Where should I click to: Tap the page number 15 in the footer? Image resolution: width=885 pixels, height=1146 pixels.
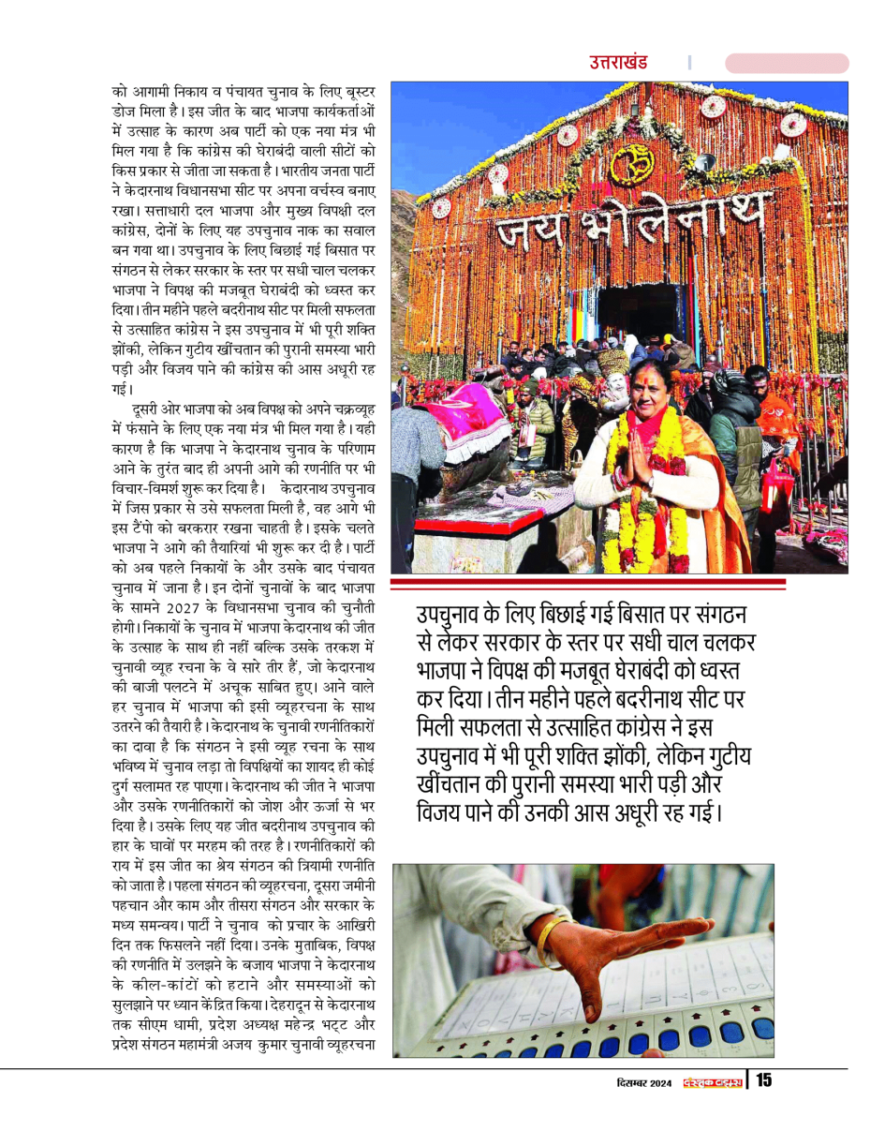click(x=763, y=1080)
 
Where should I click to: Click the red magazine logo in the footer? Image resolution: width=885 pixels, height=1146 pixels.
click(x=712, y=1081)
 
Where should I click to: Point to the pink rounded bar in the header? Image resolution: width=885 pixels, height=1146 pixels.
click(x=787, y=64)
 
